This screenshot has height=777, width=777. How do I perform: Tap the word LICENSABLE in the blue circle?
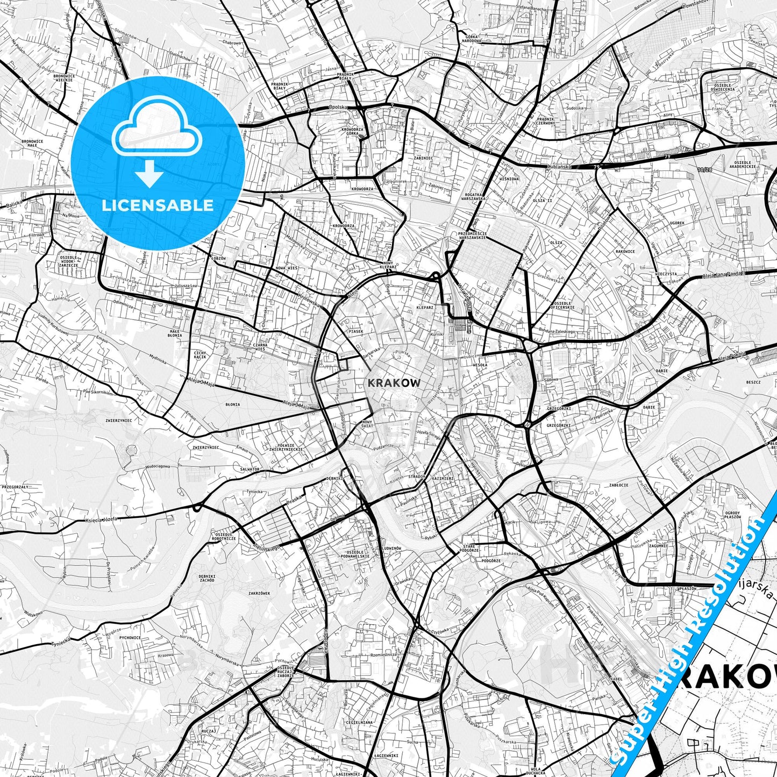pyautogui.click(x=158, y=205)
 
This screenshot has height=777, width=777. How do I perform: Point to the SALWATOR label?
pyautogui.click(x=250, y=469)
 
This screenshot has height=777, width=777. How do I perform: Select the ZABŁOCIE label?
pyautogui.click(x=618, y=484)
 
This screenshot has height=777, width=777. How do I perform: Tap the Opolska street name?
pyautogui.click(x=339, y=108)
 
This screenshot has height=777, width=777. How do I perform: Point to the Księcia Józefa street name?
pyautogui.click(x=101, y=519)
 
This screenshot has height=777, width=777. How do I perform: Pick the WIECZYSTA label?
pyautogui.click(x=666, y=274)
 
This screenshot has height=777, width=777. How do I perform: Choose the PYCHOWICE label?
pyautogui.click(x=130, y=638)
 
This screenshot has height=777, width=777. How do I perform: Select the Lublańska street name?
pyautogui.click(x=558, y=167)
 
